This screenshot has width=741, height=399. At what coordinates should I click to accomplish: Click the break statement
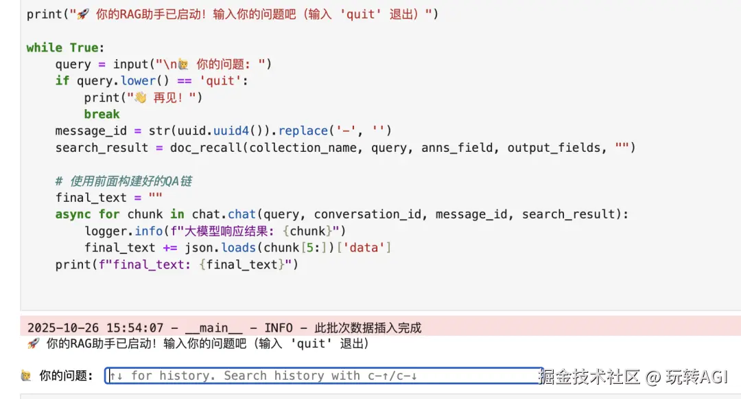click(102, 114)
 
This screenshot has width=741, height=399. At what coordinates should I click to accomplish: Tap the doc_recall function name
click(207, 148)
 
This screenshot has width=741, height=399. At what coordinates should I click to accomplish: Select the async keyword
click(73, 214)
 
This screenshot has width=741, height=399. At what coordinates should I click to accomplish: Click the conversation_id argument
click(367, 214)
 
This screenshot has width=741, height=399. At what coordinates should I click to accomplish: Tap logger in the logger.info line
click(106, 231)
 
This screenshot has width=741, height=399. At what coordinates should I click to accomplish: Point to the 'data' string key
click(364, 248)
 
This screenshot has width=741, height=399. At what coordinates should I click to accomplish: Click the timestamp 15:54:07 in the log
click(134, 328)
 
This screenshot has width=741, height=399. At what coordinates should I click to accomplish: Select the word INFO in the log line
click(279, 328)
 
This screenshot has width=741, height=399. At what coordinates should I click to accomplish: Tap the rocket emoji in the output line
click(33, 343)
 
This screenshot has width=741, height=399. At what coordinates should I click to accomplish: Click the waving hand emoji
click(141, 98)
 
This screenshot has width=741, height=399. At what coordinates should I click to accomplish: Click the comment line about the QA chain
click(123, 181)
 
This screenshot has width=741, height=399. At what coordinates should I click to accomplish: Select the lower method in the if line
click(138, 81)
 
